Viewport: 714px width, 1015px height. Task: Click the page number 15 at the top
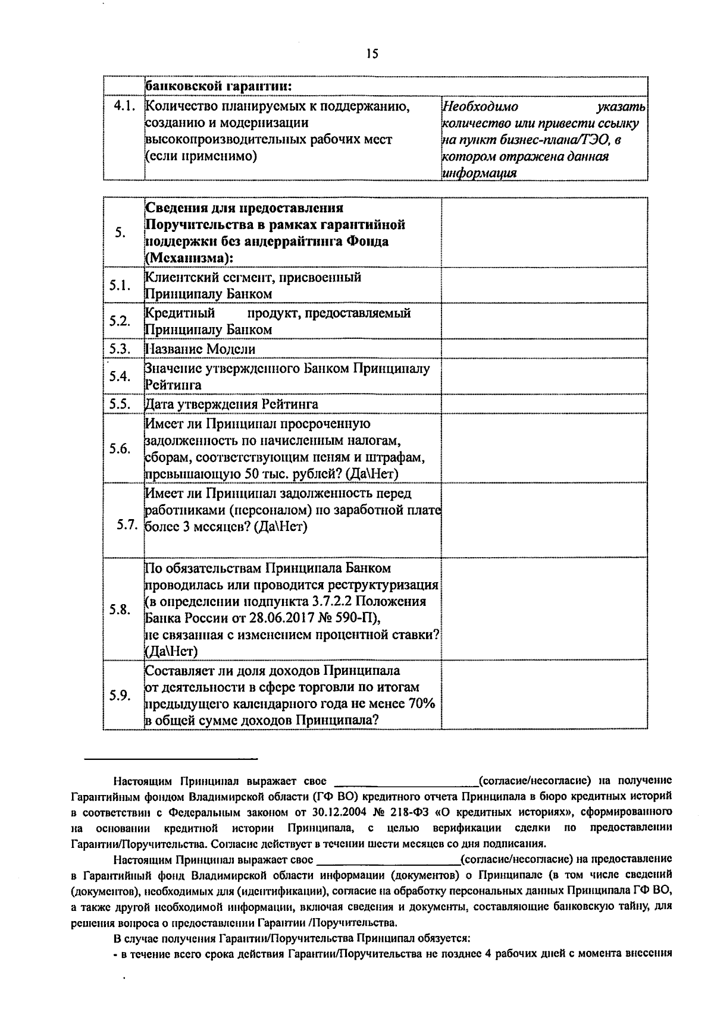point(372,54)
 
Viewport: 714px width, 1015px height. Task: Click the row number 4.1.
point(126,106)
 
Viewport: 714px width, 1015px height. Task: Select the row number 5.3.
point(120,348)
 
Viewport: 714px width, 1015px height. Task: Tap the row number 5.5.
point(120,404)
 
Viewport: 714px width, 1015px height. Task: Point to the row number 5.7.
point(128,525)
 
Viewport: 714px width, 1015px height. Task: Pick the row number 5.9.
point(120,695)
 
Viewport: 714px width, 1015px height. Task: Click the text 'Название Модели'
point(201,349)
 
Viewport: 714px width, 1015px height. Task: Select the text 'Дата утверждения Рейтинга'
point(231,404)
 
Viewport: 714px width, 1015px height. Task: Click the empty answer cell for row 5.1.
point(544,285)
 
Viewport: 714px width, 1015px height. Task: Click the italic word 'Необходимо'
point(480,107)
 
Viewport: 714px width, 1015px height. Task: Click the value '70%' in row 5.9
point(422,703)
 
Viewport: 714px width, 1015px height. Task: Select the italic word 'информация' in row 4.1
point(479,174)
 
